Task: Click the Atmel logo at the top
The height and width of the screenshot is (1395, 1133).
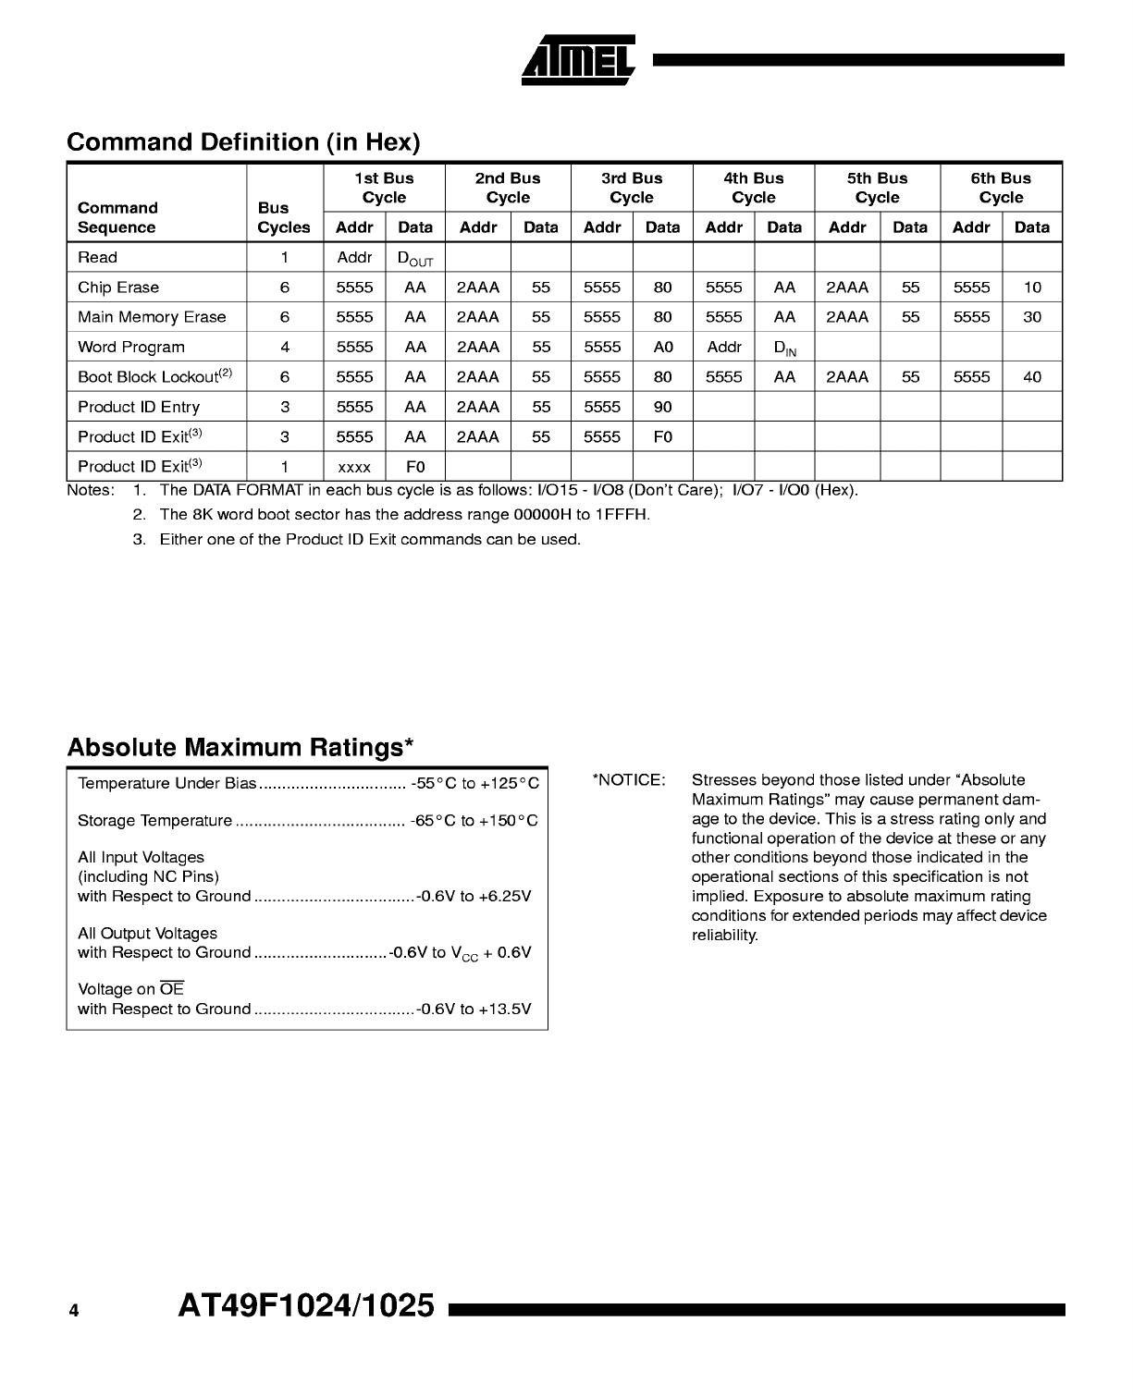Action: [x=579, y=59]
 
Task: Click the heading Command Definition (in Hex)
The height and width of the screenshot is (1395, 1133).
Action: [x=243, y=142]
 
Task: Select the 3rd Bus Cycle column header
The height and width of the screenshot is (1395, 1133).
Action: [x=632, y=188]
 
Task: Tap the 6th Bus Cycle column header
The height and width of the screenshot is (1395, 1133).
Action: [x=1001, y=188]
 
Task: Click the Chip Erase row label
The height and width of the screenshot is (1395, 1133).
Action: [x=118, y=288]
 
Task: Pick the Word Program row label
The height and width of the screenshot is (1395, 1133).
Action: [x=131, y=348]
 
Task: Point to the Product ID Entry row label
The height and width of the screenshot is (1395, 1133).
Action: [x=139, y=407]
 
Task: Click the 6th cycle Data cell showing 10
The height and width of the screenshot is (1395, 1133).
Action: [x=1032, y=288]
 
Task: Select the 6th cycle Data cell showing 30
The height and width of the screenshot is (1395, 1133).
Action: [x=1032, y=317]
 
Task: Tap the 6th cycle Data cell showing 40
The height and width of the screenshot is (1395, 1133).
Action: [x=1032, y=377]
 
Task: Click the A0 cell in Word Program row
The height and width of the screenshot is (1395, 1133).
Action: [x=662, y=348]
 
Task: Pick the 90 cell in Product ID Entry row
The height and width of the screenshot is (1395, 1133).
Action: [x=662, y=407]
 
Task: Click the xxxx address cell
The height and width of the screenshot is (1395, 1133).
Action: [x=354, y=468]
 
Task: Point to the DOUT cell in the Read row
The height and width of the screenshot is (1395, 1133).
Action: [x=414, y=259]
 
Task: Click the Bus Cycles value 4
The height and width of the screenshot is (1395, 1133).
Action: [x=285, y=348]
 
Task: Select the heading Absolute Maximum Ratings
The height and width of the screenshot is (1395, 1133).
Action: [x=240, y=747]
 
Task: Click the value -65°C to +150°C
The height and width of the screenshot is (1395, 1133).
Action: [x=474, y=821]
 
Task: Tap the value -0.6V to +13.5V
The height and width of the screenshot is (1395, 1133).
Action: [x=474, y=1010]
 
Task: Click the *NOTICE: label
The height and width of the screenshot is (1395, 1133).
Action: [x=629, y=780]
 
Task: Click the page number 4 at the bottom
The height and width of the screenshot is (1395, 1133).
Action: [x=74, y=1310]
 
